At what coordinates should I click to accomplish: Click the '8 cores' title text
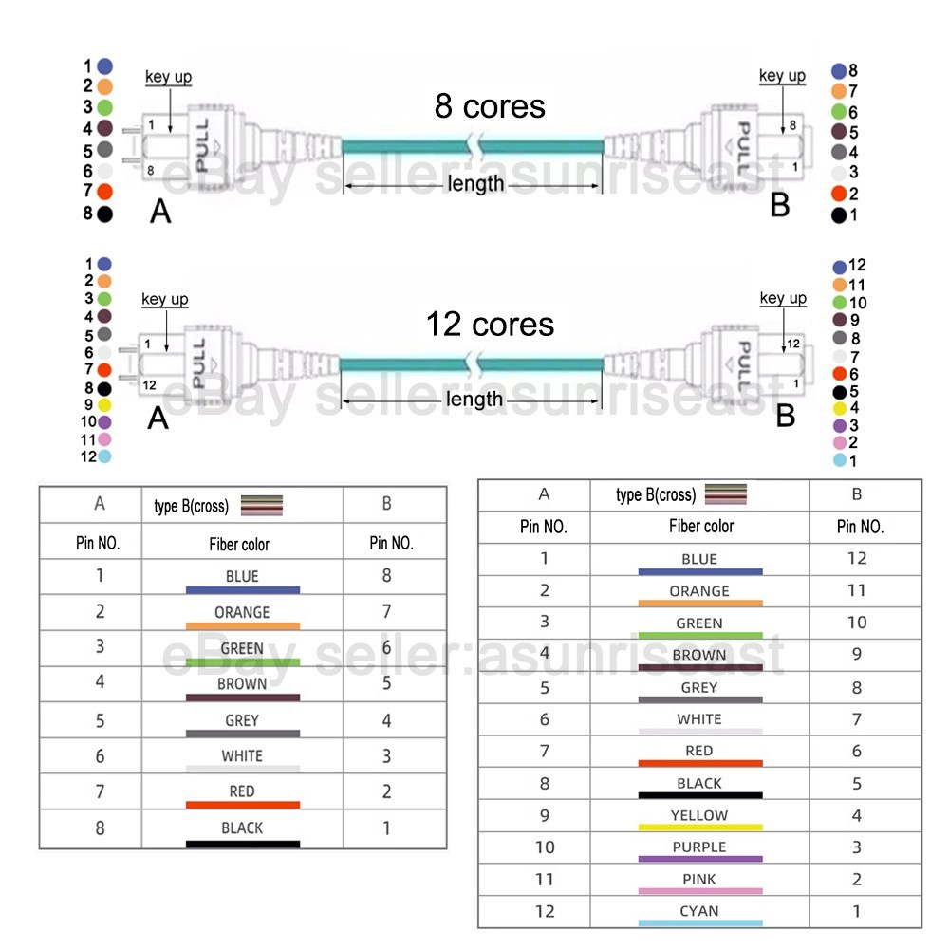[490, 106]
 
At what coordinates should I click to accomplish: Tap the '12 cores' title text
[490, 325]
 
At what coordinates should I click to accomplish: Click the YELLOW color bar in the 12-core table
[700, 827]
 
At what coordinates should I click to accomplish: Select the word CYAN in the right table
[699, 911]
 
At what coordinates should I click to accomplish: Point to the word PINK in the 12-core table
[699, 879]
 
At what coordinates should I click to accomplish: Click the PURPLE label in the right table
[699, 847]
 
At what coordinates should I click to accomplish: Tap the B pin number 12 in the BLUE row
[856, 558]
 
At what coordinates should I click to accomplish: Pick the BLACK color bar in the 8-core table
[243, 844]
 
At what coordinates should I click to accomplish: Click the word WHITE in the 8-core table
[242, 756]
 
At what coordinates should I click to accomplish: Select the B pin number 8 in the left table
[387, 575]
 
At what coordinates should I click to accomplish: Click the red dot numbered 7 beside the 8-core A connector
[104, 192]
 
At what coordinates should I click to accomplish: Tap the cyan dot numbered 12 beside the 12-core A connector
[104, 456]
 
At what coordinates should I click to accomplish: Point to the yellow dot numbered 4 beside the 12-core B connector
[840, 408]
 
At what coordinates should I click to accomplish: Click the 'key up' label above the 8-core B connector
[782, 76]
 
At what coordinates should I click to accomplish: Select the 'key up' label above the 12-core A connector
[164, 299]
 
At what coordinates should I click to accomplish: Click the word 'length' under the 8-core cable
[475, 183]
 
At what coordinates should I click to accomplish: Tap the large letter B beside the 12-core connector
[785, 416]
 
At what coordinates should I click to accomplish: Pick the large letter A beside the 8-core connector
[160, 212]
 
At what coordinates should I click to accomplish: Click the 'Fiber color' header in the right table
[701, 526]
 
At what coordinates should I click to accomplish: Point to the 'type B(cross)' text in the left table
[192, 506]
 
